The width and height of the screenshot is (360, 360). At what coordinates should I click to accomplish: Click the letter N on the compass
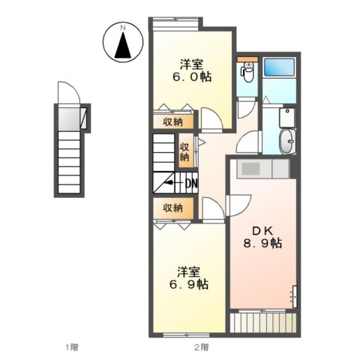tap(123, 28)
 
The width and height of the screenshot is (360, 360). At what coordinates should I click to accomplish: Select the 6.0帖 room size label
tap(191, 76)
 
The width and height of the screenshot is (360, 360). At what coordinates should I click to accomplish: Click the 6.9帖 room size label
tap(189, 284)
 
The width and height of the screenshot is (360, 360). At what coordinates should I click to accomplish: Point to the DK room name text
tap(262, 231)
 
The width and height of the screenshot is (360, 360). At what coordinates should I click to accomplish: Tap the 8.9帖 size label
tap(262, 243)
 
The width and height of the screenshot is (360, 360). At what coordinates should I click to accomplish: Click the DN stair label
tap(192, 184)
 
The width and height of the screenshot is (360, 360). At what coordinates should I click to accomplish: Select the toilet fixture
tap(247, 72)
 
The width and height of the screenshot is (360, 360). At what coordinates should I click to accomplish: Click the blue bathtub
tap(279, 67)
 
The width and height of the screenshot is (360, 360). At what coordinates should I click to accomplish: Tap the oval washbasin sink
tap(287, 141)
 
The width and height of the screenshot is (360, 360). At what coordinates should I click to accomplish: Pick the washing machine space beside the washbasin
tap(287, 118)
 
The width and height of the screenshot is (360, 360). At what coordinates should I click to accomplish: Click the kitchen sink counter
tap(262, 169)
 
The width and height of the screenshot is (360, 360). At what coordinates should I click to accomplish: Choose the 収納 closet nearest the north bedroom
tap(173, 121)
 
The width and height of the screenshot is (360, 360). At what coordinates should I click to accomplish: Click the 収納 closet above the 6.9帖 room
tap(173, 208)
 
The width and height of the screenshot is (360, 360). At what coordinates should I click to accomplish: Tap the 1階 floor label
tap(72, 347)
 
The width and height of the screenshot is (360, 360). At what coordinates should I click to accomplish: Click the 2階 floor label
tap(201, 347)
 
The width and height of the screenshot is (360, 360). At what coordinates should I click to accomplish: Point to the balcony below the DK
tap(263, 322)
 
